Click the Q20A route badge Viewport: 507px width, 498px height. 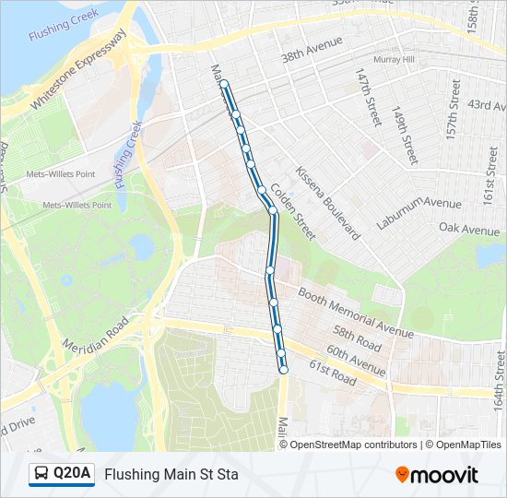click(62, 474)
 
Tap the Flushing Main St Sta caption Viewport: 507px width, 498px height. click(171, 475)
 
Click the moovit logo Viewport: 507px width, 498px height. click(437, 475)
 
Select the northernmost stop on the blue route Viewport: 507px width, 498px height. click(224, 84)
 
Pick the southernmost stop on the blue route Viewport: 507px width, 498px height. click(283, 370)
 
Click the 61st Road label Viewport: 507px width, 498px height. click(332, 373)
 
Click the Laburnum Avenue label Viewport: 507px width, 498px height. click(419, 215)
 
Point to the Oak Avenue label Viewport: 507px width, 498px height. click(469, 228)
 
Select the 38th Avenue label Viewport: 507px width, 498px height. click(312, 49)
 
